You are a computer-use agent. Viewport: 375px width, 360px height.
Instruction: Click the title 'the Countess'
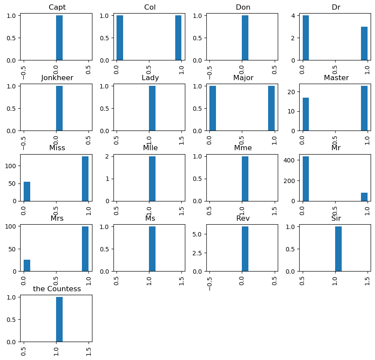57,289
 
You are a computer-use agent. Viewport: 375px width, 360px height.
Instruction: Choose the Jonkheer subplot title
57,78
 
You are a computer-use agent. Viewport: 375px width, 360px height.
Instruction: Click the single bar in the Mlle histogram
152,179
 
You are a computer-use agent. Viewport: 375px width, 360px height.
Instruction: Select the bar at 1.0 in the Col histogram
178,38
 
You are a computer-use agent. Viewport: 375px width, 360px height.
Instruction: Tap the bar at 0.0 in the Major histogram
212,108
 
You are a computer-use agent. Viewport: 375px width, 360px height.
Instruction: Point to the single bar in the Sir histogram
338,249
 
